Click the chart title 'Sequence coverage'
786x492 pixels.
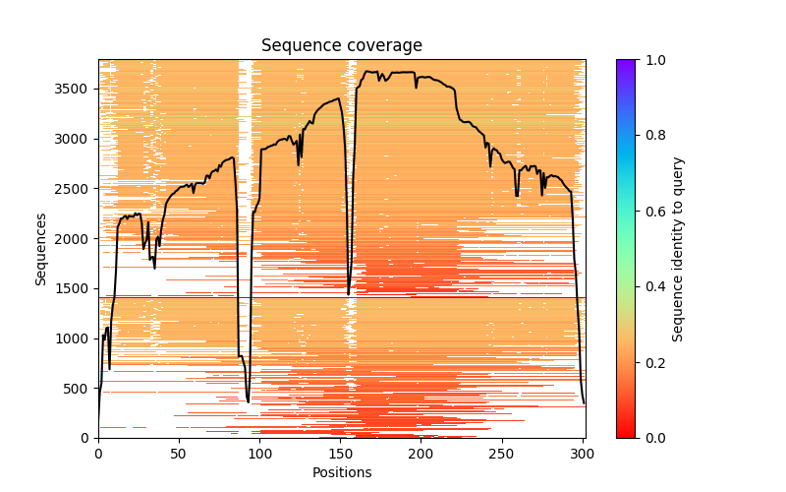pyautogui.click(x=341, y=46)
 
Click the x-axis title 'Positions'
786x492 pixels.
pyautogui.click(x=341, y=472)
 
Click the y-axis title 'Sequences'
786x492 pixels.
pyautogui.click(x=41, y=248)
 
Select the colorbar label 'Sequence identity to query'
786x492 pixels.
pyautogui.click(x=678, y=248)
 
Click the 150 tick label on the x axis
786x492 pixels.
pyautogui.click(x=340, y=455)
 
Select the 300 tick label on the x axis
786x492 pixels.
pyautogui.click(x=583, y=455)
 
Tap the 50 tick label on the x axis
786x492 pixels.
pyautogui.click(x=179, y=455)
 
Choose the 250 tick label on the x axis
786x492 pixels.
pyautogui.click(x=502, y=455)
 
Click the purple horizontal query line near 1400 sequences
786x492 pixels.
pyautogui.click(x=295, y=297)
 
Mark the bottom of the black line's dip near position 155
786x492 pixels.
pyautogui.click(x=348, y=293)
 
